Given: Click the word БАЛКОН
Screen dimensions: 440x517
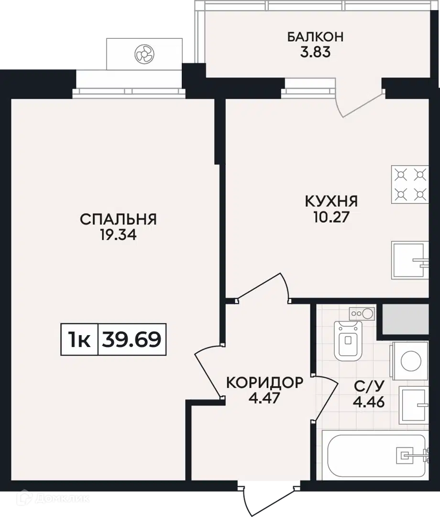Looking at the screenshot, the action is pyautogui.click(x=315, y=36).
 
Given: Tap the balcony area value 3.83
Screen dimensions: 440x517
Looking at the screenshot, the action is pyautogui.click(x=315, y=52).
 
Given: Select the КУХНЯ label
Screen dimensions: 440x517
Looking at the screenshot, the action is pyautogui.click(x=331, y=201).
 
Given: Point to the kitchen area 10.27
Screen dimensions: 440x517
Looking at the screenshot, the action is pyautogui.click(x=331, y=217).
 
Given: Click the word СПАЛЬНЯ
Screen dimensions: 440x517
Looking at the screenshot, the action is pyautogui.click(x=118, y=219).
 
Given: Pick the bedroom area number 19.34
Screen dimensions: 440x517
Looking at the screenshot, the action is pyautogui.click(x=118, y=235).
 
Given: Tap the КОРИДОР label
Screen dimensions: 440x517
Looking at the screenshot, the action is pyautogui.click(x=265, y=382).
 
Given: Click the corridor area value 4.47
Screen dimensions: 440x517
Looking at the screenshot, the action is pyautogui.click(x=264, y=398).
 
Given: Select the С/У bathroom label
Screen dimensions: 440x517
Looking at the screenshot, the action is pyautogui.click(x=369, y=386).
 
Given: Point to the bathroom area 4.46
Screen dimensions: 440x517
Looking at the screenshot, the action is pyautogui.click(x=369, y=402).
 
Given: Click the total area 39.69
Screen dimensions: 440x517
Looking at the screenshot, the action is pyautogui.click(x=132, y=339).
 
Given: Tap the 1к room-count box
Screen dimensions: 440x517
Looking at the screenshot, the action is pyautogui.click(x=79, y=339).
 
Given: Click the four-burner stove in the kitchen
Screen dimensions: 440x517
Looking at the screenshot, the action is pyautogui.click(x=410, y=185).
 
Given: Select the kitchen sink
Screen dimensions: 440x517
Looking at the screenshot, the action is pyautogui.click(x=410, y=260).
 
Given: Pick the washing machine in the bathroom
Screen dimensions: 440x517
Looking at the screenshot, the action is pyautogui.click(x=409, y=361).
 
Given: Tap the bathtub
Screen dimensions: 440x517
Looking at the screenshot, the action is pyautogui.click(x=375, y=455).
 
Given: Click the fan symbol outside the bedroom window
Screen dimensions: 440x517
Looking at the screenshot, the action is pyautogui.click(x=144, y=54).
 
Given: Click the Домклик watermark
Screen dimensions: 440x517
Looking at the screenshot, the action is pyautogui.click(x=53, y=499).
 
